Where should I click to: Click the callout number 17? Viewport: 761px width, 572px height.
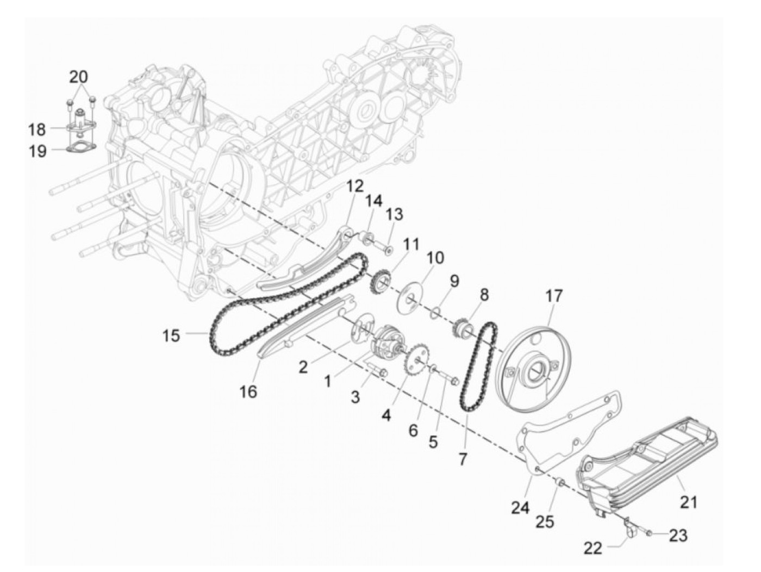554,297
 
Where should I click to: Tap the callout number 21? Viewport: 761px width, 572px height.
689,501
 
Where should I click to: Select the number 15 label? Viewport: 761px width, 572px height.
171,335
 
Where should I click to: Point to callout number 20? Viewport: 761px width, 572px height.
78,77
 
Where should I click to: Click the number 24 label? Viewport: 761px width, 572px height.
520,508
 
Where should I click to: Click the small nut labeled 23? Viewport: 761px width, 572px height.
650,535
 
